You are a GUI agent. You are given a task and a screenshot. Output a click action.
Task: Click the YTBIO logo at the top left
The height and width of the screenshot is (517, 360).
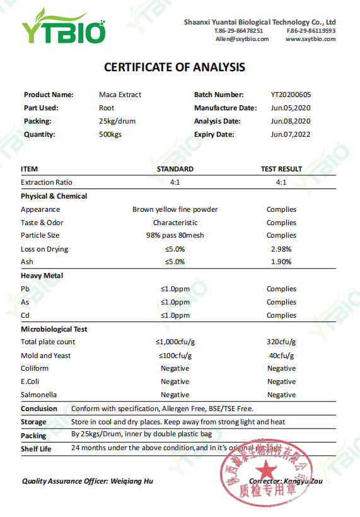tap(63, 27)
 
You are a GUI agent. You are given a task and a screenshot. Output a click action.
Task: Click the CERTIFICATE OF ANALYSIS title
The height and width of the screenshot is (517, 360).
tap(175, 67)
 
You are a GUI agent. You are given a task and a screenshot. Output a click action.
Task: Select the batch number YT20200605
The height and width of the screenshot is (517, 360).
tap(291, 95)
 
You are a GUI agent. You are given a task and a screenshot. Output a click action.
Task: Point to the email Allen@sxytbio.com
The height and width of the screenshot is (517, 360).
tap(242, 39)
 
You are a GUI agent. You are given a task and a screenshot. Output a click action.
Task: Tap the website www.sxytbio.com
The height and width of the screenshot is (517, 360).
tap(310, 39)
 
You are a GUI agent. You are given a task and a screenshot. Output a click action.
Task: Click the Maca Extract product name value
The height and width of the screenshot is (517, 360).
tap(120, 95)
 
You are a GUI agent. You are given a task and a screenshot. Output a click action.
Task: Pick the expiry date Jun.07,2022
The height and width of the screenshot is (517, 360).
tap(291, 134)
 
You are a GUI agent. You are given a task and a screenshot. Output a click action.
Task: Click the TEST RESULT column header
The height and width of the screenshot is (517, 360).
tap(281, 169)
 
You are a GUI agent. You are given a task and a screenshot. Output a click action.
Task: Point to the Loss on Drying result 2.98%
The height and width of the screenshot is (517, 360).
tap(281, 249)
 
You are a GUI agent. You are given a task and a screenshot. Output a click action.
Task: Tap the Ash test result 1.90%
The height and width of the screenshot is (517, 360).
tap(281, 262)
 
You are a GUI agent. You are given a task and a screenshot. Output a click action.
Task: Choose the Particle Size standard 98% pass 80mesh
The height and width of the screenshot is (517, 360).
tap(175, 235)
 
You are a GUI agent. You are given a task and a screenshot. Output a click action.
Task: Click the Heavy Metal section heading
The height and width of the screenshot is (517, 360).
tap(42, 276)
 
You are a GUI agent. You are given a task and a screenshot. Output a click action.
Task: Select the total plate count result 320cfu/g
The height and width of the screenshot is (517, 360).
tap(281, 342)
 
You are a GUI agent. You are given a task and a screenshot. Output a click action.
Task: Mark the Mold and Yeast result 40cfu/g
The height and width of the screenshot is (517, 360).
tap(281, 356)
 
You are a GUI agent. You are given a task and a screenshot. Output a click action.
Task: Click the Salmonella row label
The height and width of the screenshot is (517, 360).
tap(38, 395)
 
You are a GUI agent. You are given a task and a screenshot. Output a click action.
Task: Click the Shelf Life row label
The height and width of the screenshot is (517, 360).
tap(36, 449)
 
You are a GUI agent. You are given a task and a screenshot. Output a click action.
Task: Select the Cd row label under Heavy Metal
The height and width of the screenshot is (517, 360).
tap(25, 315)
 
